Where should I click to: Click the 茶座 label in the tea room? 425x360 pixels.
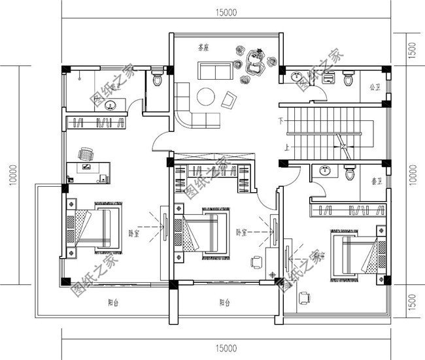pos(203,48)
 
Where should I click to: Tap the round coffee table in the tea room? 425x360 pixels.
pos(207,96)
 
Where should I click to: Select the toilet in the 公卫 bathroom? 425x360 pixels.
pos(348,80)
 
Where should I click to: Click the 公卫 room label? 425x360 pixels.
pos(375,86)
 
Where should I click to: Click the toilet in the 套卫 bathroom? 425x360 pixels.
pos(349,173)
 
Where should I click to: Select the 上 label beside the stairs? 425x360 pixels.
pos(286,148)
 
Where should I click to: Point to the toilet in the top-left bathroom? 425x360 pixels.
pos(156,80)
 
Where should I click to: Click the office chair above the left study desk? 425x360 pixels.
pos(86,154)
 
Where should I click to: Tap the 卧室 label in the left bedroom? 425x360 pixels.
pos(133,233)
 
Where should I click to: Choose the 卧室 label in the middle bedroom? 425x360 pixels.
pos(240,232)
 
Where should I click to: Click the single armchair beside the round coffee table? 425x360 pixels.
pos(229,100)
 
